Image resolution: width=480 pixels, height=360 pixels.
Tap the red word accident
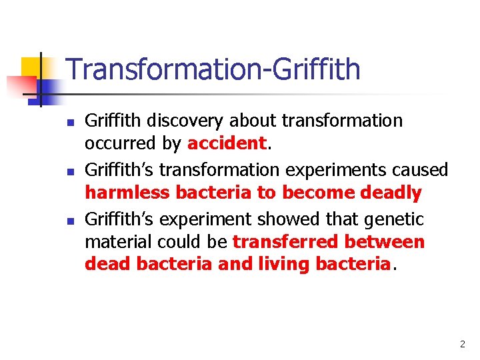pos(227,144)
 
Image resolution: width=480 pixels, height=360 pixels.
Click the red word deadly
pos(391,193)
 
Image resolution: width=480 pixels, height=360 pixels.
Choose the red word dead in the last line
pos(107,265)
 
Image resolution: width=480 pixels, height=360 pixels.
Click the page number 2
pos(462,345)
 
